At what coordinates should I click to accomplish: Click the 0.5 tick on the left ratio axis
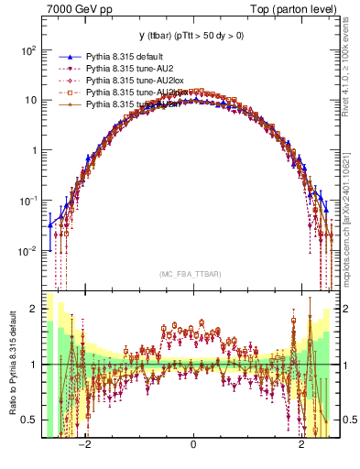pos(29,420)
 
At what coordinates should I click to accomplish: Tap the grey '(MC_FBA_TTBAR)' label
pos(192,273)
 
